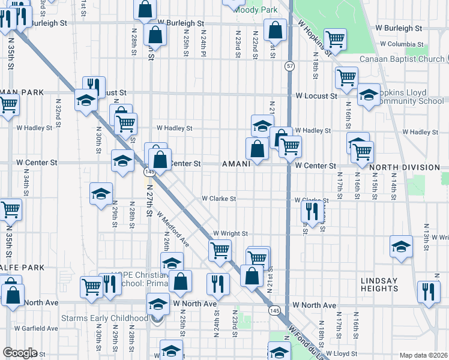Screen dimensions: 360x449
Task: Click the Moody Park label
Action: (x=256, y=10)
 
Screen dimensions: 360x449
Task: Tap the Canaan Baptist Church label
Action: (x=402, y=59)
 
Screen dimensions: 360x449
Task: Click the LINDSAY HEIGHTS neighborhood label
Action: (x=379, y=284)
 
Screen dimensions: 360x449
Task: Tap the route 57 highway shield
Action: (x=289, y=66)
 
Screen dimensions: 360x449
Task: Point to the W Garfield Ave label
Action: (x=37, y=328)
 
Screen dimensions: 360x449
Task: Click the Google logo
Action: (x=19, y=353)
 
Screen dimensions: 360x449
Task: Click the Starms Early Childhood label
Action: (x=104, y=318)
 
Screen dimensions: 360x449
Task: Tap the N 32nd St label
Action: (x=59, y=110)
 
